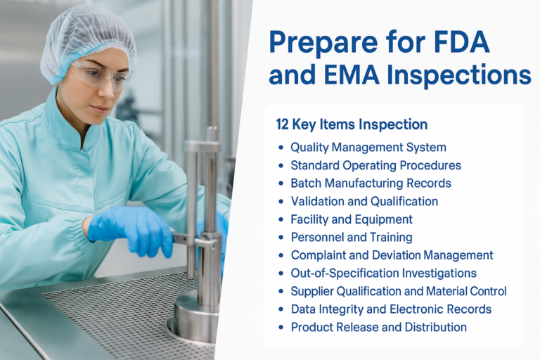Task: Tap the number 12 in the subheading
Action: tap(285, 124)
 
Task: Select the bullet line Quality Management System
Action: tap(368, 148)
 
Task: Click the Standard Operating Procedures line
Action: tap(375, 165)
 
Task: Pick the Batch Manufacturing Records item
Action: tap(371, 184)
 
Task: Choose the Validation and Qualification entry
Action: tap(364, 201)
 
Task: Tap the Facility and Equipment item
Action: tap(351, 219)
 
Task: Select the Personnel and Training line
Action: tap(351, 237)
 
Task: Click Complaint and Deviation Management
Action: tap(392, 255)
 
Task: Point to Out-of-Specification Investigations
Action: tap(383, 273)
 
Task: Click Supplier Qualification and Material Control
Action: tap(398, 291)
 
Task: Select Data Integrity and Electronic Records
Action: tap(391, 309)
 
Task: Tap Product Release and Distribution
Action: tap(378, 327)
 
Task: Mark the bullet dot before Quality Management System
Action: tap(281, 148)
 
